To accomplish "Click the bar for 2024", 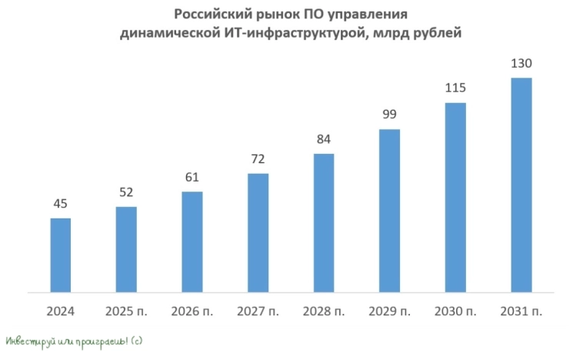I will (61, 255).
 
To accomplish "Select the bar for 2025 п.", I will (126, 249).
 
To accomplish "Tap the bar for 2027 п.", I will (258, 233).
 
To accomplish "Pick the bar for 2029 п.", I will (389, 211).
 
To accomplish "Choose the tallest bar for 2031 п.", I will (521, 185).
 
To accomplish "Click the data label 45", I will (61, 205).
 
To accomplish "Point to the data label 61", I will (192, 178).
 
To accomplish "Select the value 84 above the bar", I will (324, 140).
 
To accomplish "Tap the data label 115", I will (455, 88).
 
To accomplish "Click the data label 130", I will (521, 64).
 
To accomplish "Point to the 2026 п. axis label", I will (192, 312).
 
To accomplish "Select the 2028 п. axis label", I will (324, 312).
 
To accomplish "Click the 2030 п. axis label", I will (455, 312).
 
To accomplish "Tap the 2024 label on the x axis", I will (61, 312).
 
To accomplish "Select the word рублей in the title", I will (435, 33).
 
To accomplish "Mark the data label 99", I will (389, 115).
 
